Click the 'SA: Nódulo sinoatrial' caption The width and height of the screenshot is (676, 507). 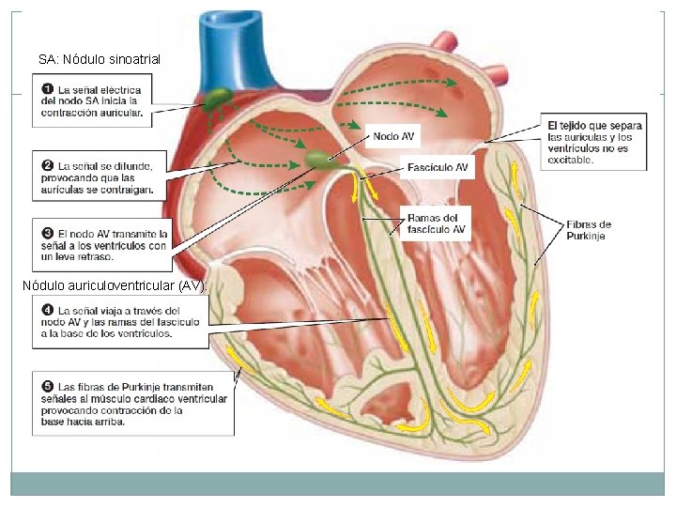pyautogui.click(x=100, y=59)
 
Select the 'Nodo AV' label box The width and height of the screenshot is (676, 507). pyautogui.click(x=393, y=136)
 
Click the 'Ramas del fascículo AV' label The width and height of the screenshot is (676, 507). pyautogui.click(x=436, y=223)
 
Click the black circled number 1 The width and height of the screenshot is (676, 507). pyautogui.click(x=46, y=90)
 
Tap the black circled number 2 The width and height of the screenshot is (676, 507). pyautogui.click(x=46, y=165)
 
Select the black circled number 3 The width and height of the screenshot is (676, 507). pyautogui.click(x=46, y=233)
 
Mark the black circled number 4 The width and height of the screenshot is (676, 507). pyautogui.click(x=46, y=310)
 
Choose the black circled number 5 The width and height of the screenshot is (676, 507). pyautogui.click(x=46, y=387)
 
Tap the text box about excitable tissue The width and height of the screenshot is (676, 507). pyautogui.click(x=595, y=143)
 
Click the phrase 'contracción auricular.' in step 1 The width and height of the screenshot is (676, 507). pyautogui.click(x=92, y=114)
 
